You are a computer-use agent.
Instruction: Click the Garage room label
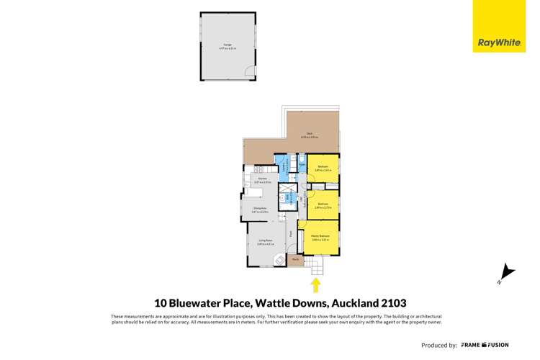(228, 46)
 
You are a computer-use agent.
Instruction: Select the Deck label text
(308, 135)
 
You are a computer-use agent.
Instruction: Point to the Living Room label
(264, 241)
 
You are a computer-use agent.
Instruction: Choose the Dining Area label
(260, 210)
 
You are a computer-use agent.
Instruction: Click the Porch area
(295, 259)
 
